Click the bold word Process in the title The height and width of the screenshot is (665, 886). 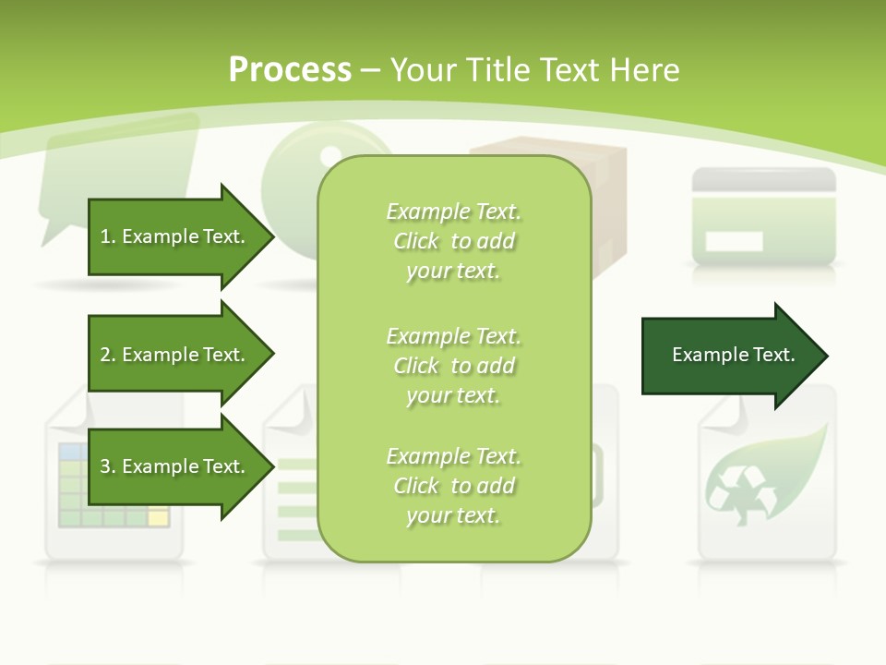tap(290, 70)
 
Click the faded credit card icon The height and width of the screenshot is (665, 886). tap(763, 216)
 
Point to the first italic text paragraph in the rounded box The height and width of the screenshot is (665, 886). tap(453, 241)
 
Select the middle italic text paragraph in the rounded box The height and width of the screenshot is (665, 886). tap(453, 366)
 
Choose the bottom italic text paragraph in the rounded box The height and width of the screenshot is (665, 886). tap(453, 486)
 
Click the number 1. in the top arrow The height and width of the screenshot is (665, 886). tap(108, 236)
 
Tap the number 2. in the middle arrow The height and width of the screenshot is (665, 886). tap(108, 355)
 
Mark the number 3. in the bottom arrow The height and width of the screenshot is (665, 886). tap(108, 466)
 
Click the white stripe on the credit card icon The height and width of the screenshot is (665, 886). tap(734, 242)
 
